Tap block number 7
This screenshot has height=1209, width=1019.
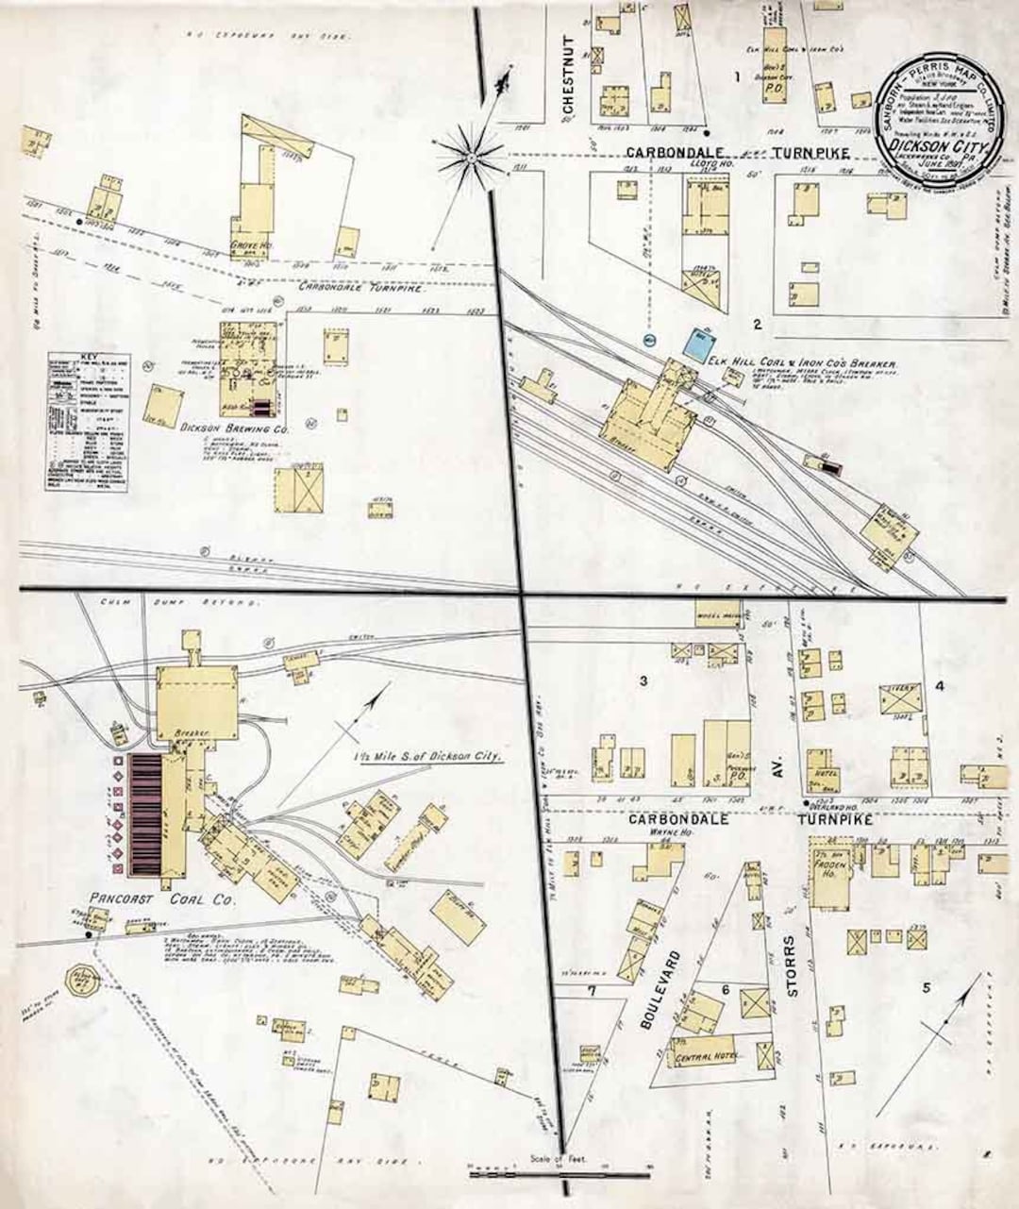592,991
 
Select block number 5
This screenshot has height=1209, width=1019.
927,987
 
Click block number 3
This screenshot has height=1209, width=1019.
643,680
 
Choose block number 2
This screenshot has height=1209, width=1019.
757,325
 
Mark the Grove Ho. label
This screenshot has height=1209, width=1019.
246,249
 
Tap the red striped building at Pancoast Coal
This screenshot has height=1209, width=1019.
147,813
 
